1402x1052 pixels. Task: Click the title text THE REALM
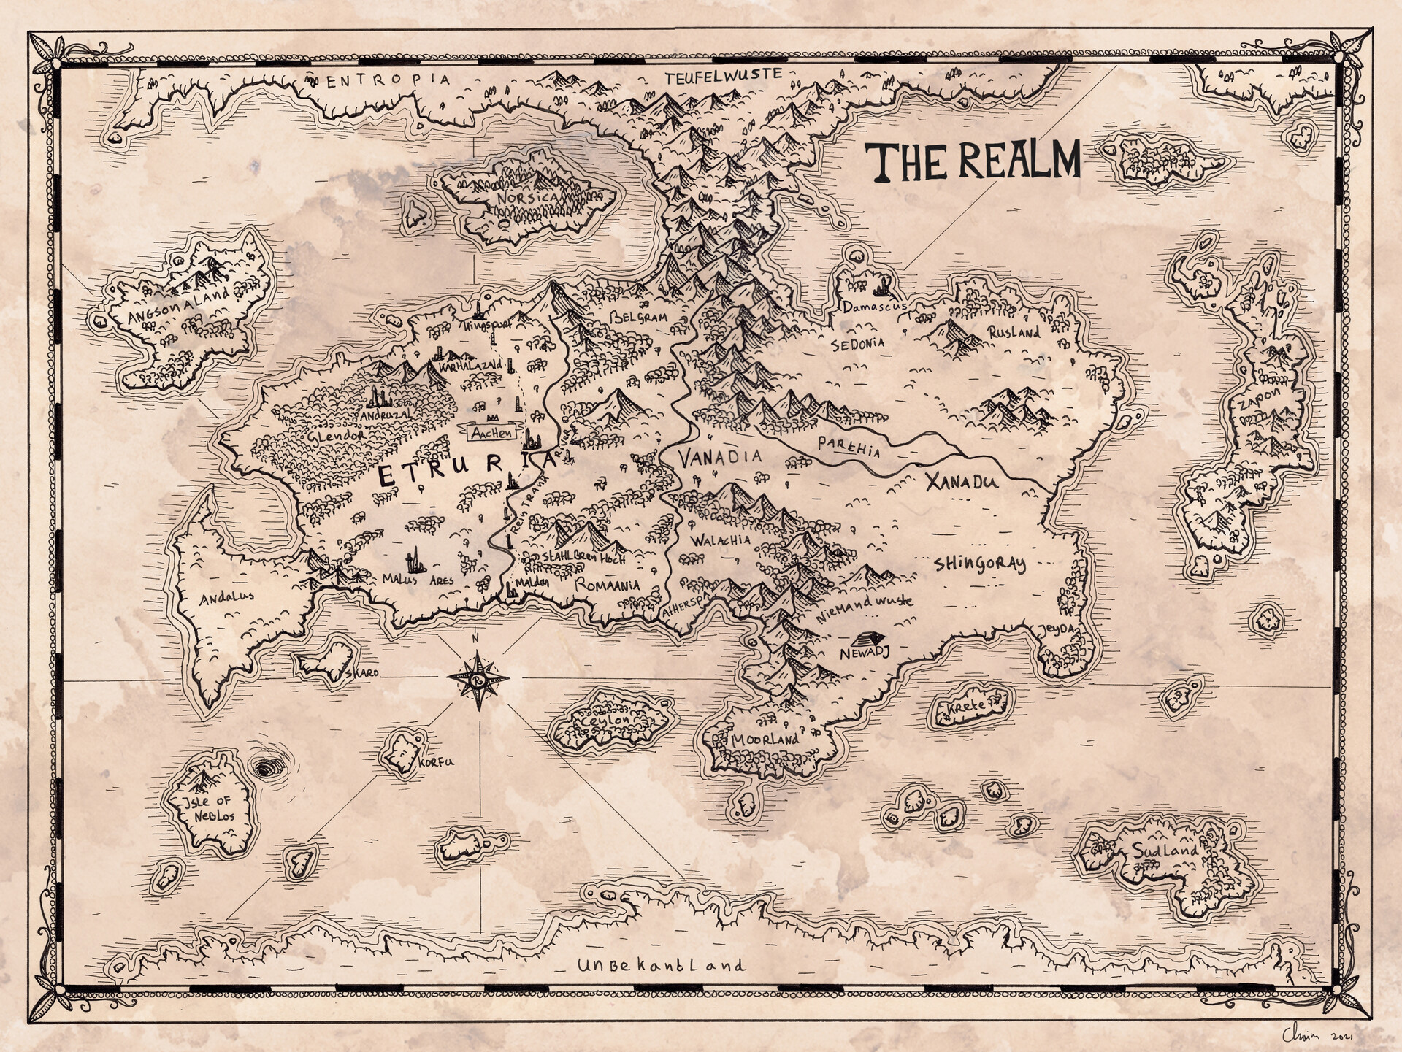tap(972, 161)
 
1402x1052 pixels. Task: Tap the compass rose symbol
tap(478, 680)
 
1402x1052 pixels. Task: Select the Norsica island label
tap(526, 198)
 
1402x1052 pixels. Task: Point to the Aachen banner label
tap(492, 433)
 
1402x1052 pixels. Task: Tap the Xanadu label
tap(960, 482)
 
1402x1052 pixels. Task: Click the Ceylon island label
tap(605, 720)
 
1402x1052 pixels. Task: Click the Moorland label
tap(765, 740)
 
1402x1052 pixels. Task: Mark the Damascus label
tap(873, 307)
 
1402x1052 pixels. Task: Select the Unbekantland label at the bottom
tap(662, 965)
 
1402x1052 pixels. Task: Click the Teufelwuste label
tap(723, 75)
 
